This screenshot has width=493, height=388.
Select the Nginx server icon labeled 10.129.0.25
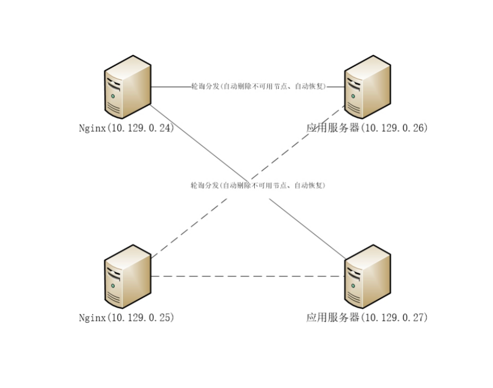tap(128, 276)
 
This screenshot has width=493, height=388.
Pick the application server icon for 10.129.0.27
tap(367, 276)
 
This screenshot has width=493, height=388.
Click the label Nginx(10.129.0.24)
tap(126, 128)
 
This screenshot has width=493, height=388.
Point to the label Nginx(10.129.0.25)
tap(126, 318)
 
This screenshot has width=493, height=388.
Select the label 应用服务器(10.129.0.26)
tap(367, 128)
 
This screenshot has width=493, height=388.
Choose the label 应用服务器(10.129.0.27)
tap(367, 318)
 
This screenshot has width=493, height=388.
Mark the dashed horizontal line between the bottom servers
tap(247, 276)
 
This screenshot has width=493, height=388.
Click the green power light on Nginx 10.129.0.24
tap(113, 96)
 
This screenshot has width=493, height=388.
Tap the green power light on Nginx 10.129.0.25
tap(113, 286)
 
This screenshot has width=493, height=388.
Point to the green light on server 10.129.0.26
tap(353, 96)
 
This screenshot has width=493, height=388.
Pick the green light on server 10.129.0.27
tap(353, 286)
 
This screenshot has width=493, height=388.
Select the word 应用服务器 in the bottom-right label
tap(332, 318)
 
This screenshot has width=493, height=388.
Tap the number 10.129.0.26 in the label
tap(394, 128)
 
